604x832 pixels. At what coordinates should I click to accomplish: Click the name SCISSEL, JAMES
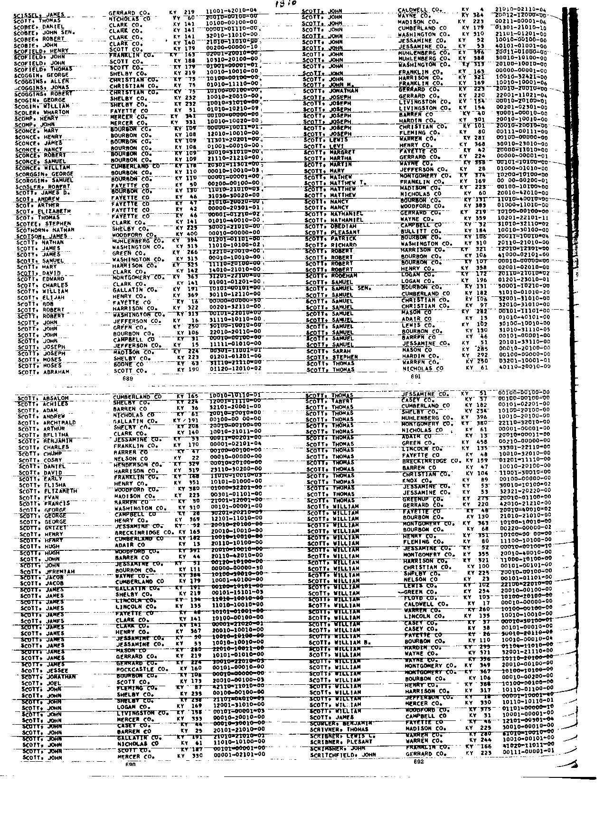tap(39, 15)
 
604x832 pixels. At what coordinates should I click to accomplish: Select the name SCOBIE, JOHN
tap(36, 46)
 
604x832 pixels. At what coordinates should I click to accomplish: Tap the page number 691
tap(416, 376)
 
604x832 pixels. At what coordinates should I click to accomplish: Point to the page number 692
tap(418, 761)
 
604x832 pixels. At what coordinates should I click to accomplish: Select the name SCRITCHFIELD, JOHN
tap(343, 754)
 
